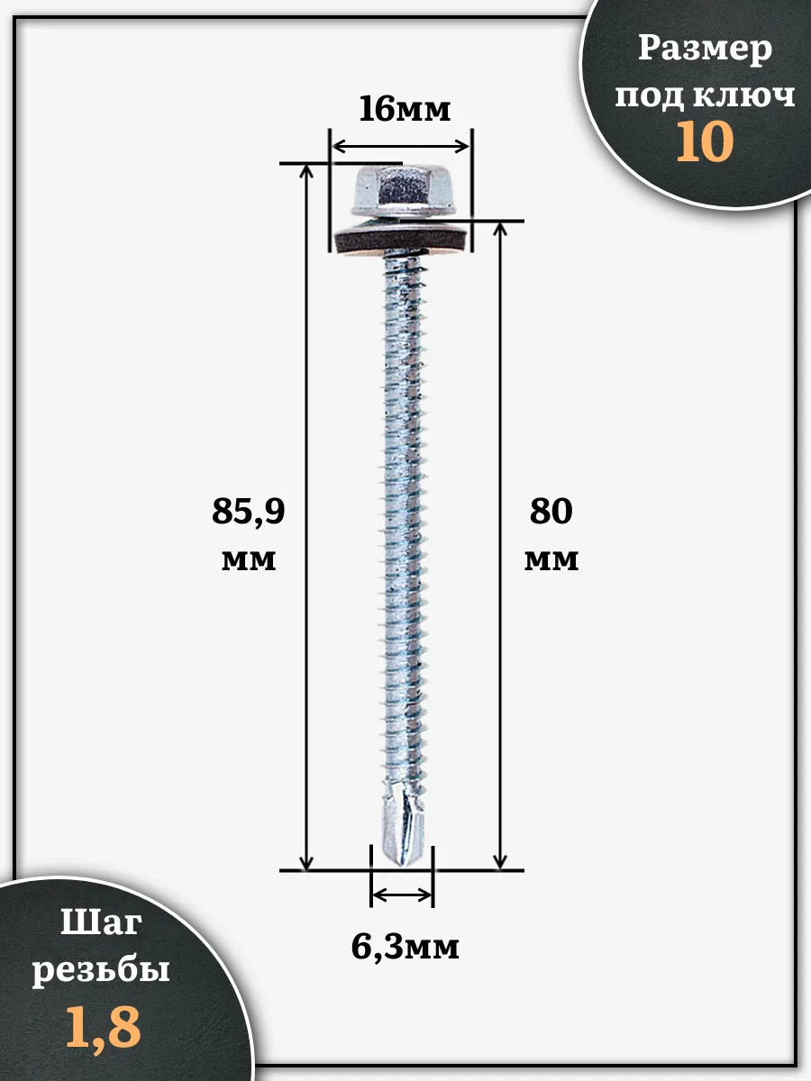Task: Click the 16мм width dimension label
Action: point(405,109)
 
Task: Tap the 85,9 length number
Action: point(248,513)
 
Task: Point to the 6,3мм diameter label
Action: point(405,946)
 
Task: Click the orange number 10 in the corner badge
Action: point(705,141)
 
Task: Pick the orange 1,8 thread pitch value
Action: point(104,1027)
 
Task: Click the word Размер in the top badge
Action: point(706,50)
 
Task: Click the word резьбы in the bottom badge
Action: point(101,969)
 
